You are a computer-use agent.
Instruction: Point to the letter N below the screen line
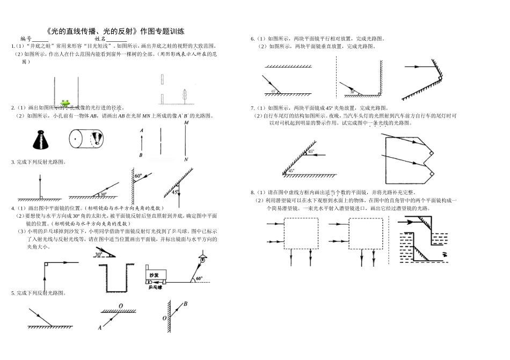pyautogui.click(x=186, y=159)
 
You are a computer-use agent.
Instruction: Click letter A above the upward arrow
pyautogui.click(x=141, y=130)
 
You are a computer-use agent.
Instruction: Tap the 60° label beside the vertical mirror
pyautogui.click(x=139, y=176)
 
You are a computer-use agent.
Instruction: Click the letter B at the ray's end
pyautogui.click(x=185, y=304)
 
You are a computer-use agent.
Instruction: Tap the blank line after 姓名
pyautogui.click(x=117, y=39)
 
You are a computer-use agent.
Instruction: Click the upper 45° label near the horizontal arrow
pyautogui.click(x=311, y=152)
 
